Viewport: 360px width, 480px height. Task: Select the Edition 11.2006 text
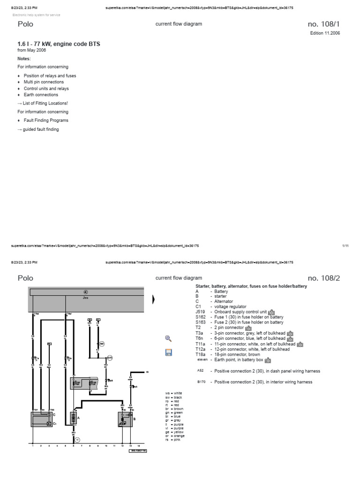[x=325, y=33]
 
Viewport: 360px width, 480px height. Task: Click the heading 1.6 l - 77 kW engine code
[x=59, y=44]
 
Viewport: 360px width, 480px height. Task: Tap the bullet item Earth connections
[x=41, y=95]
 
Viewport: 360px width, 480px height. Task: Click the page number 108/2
[x=323, y=278]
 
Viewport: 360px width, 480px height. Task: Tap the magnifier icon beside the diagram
[x=169, y=338]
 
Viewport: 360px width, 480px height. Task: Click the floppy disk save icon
[x=169, y=352]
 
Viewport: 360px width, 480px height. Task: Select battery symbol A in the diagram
[x=73, y=417]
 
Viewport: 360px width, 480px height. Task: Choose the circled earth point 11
[x=78, y=440]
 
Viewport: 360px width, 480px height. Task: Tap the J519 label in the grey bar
[x=85, y=297]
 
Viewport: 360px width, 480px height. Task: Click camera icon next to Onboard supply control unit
[x=271, y=312]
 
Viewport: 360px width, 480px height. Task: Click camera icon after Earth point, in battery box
[x=268, y=360]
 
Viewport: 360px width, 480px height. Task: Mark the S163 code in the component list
[x=201, y=322]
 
